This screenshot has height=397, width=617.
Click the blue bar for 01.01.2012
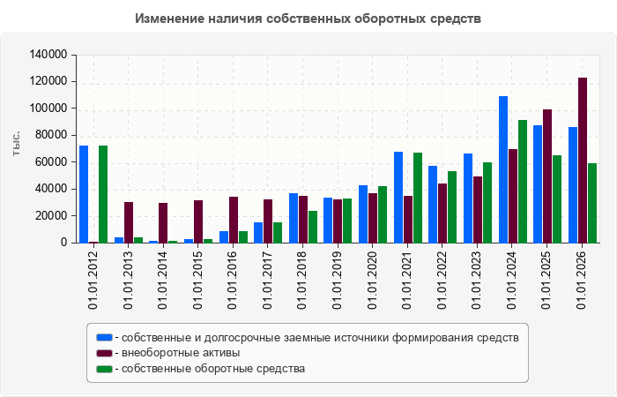(84, 194)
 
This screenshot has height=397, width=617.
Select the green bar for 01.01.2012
(103, 194)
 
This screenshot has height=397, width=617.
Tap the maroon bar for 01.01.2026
(583, 161)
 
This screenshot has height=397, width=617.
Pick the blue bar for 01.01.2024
(503, 169)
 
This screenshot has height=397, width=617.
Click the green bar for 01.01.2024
(523, 182)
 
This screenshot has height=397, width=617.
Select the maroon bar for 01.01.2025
(547, 176)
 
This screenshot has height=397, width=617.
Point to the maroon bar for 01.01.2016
(234, 220)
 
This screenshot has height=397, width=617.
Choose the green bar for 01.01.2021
(418, 198)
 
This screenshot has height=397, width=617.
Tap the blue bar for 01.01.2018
(294, 218)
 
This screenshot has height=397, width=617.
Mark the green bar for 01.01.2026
(592, 203)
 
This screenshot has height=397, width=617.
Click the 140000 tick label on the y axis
(48, 55)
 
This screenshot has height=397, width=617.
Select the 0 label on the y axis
(63, 243)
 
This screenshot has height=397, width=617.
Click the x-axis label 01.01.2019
(338, 280)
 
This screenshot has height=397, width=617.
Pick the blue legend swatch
(104, 338)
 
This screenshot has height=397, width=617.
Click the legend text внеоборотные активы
(181, 353)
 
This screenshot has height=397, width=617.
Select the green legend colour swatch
(104, 369)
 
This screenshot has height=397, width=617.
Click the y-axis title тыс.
(16, 144)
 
